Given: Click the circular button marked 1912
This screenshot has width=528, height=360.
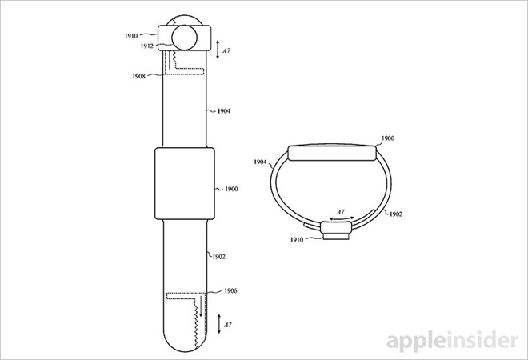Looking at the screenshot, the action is point(184,38).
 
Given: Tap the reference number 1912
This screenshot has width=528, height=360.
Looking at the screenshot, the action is point(147,46).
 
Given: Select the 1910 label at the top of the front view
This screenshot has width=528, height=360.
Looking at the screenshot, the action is point(131,36).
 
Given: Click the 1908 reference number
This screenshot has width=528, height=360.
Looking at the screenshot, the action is point(138,76).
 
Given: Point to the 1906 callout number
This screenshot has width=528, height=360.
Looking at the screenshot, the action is point(230,290).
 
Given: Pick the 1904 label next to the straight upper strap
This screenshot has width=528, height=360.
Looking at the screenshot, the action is point(223,111).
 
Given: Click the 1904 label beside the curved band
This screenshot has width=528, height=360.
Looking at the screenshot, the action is point(260,162).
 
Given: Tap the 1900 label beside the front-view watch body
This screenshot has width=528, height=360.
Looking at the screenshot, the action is point(231,190).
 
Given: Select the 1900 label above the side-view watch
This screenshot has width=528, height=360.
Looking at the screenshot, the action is point(388,138).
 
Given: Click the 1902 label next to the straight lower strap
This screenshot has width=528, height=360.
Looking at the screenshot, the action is point(218,257).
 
